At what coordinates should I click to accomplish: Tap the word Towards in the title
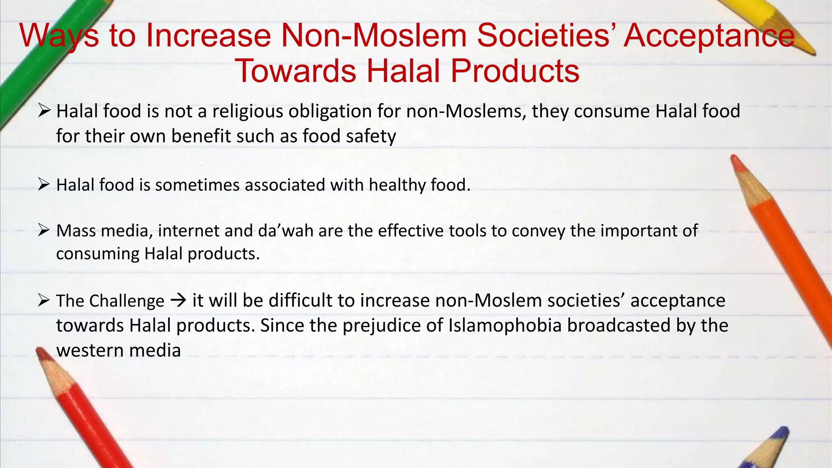pos(296,71)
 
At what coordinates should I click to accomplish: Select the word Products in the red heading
pos(515,71)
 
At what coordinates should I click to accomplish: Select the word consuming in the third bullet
pos(97,254)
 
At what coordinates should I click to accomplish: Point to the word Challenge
pos(127,301)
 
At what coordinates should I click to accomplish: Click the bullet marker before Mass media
pos(43,230)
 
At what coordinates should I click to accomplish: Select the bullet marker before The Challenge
pos(43,301)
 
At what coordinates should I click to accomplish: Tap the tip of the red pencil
pos(40,351)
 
